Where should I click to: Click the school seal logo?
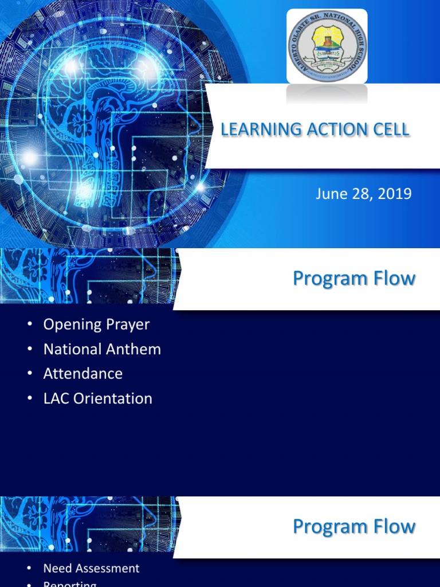coord(327,46)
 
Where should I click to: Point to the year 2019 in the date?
coord(396,194)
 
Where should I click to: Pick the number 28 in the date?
coord(359,194)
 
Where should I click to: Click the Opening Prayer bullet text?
coord(96,324)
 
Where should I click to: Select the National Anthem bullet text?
coord(102,349)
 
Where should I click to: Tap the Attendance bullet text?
coord(83,374)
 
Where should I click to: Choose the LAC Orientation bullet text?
coord(98,398)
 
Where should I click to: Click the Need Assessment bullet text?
coord(92,569)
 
